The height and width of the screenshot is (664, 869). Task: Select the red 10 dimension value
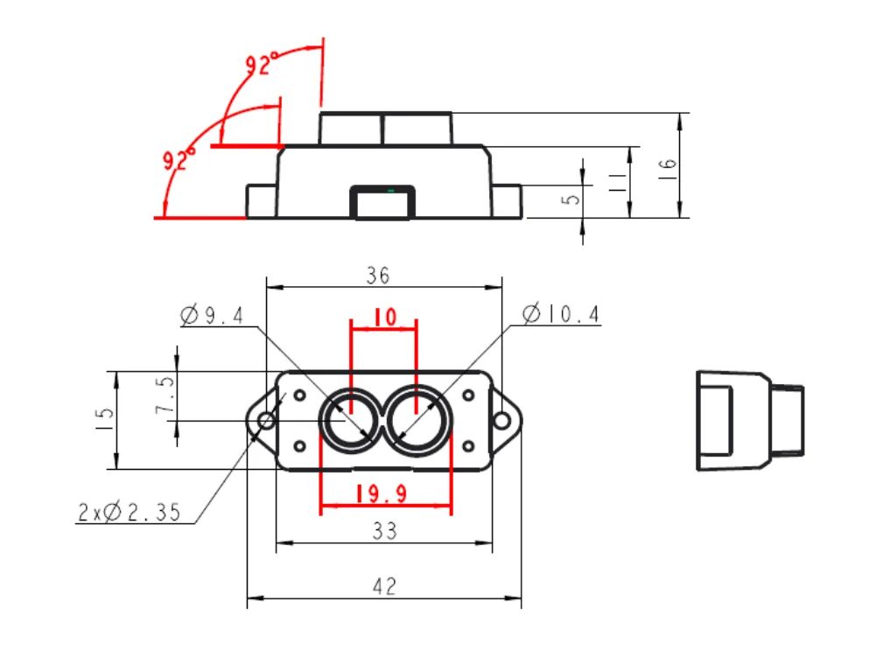(384, 317)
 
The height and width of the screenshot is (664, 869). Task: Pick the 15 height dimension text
(105, 418)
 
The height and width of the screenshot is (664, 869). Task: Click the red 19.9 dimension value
(382, 494)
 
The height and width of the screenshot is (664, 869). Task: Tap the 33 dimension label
(384, 530)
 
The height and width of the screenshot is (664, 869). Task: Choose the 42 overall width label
(384, 586)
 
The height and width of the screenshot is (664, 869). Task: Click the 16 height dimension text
(667, 164)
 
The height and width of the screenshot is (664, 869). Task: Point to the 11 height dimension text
(616, 182)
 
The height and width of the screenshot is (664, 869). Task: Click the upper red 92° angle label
(262, 64)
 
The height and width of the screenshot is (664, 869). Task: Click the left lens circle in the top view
(350, 421)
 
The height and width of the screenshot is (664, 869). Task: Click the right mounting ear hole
(501, 422)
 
